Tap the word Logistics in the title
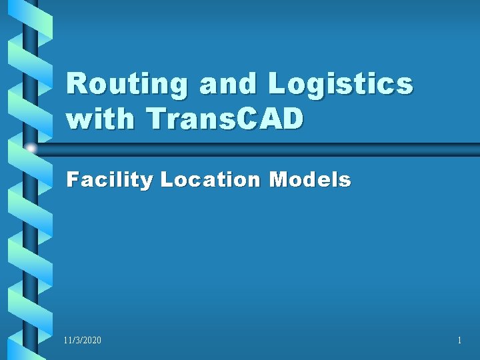(x=339, y=85)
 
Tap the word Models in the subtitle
(x=309, y=179)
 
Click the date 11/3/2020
(x=83, y=341)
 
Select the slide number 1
(x=459, y=341)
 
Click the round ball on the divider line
(x=31, y=148)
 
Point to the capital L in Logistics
(x=277, y=85)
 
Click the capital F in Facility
(x=73, y=179)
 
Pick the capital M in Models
(x=279, y=179)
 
